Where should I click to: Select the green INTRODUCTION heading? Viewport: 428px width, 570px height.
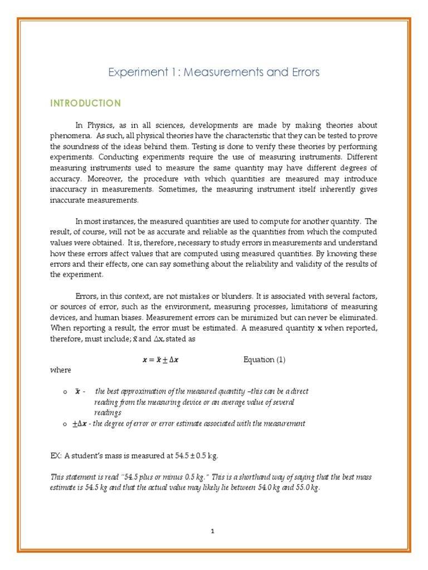tap(85, 104)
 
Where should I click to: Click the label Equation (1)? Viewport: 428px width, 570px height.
tap(264, 360)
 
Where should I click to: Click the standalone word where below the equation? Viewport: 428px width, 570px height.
tap(61, 370)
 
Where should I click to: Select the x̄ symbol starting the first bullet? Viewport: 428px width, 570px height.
tap(77, 392)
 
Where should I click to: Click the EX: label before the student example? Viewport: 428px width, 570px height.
tap(56, 455)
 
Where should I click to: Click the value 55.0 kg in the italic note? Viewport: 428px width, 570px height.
tap(307, 488)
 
